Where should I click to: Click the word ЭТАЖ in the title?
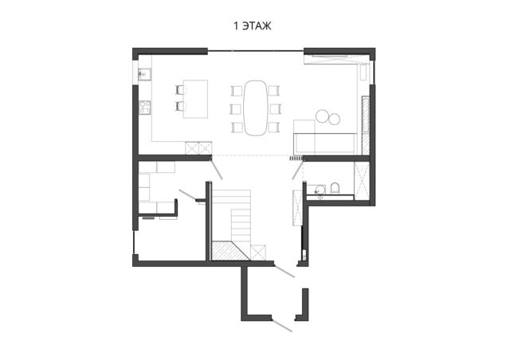tap(257, 26)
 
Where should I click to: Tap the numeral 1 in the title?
tap(237, 26)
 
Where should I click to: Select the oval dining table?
tap(256, 108)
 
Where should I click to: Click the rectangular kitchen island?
tap(195, 99)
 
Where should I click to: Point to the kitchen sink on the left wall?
tap(145, 74)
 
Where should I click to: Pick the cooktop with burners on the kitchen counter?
tap(145, 107)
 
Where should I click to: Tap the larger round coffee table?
tap(322, 115)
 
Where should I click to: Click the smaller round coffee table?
tap(334, 119)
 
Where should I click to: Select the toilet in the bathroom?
tap(335, 188)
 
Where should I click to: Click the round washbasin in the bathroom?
tap(320, 189)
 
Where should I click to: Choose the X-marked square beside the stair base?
tap(258, 252)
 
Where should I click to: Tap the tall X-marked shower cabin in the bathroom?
tap(362, 181)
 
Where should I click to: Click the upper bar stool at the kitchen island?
tap(180, 90)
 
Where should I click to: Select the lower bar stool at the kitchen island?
tap(180, 106)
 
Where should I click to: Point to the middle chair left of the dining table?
tap(236, 109)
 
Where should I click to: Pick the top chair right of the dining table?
tap(274, 91)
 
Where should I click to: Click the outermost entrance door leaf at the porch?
tap(281, 326)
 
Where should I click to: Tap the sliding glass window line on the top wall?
tap(256, 51)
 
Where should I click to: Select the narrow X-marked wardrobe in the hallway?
tap(297, 208)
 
